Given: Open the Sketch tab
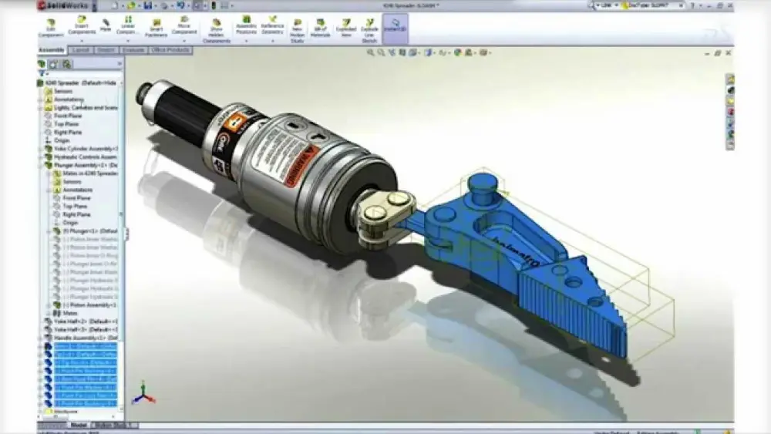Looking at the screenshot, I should point(106,50).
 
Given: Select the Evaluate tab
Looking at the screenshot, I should point(133,50).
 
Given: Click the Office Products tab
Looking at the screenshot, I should point(170,50).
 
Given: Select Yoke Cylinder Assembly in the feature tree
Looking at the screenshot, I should point(85,148).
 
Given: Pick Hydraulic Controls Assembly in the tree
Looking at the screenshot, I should point(85,156).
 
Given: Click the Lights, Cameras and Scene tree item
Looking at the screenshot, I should point(85,108).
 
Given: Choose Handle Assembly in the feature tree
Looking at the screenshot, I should point(85,338).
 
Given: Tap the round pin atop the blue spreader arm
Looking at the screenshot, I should point(481,187).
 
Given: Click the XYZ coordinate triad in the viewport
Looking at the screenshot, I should point(142,394).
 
